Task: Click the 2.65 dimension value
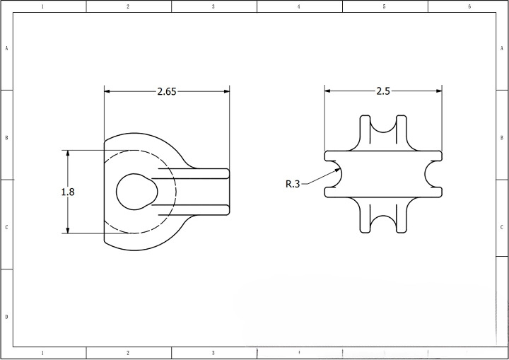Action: pos(167,91)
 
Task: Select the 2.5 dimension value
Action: pos(382,91)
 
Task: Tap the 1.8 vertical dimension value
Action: pos(68,192)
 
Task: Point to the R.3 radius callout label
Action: pos(293,184)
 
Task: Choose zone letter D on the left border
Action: pos(7,316)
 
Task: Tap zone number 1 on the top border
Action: pos(42,6)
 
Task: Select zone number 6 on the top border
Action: pos(469,6)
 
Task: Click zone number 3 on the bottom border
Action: pos(213,352)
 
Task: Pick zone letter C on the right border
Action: pos(501,227)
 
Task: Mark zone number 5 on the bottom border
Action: pos(384,352)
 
